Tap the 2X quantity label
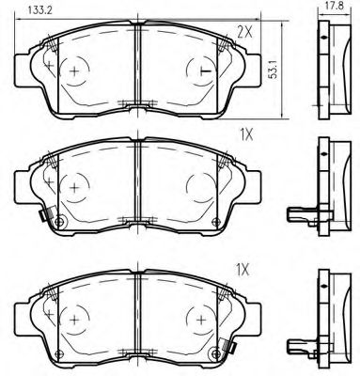(244, 32)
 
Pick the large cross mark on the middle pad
(73, 186)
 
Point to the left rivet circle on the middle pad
(59, 223)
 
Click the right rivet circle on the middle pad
(217, 223)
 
